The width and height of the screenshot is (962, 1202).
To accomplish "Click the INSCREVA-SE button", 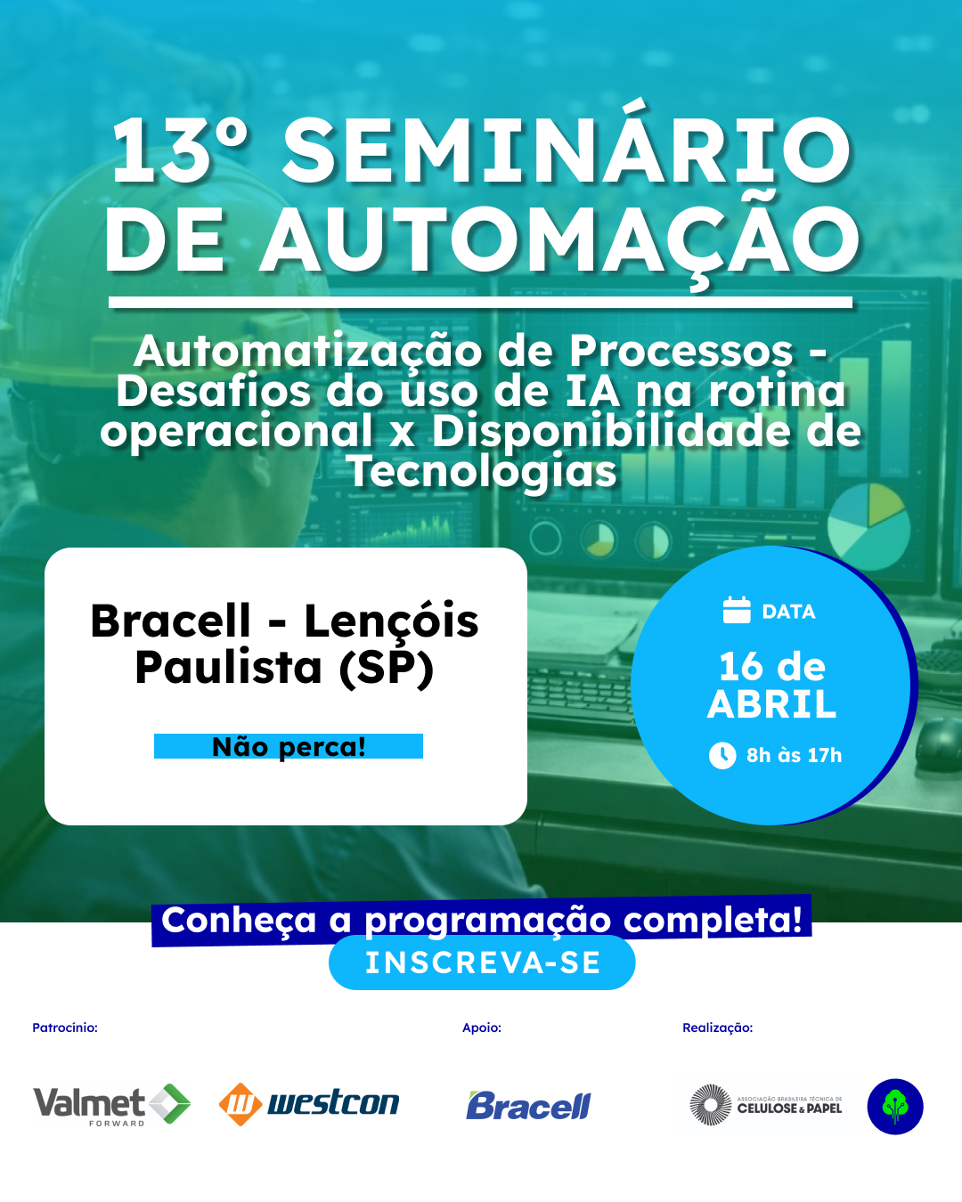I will [482, 962].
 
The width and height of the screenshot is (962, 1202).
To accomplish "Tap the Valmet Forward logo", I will [111, 1105].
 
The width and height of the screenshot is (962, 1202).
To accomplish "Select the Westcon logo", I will [309, 1104].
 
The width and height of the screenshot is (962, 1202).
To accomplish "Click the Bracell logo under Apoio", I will [528, 1106].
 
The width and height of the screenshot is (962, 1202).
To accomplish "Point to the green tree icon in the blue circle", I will [895, 1107].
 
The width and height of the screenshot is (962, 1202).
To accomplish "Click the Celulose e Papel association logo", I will [767, 1106].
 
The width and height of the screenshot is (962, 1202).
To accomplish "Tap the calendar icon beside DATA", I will [737, 610].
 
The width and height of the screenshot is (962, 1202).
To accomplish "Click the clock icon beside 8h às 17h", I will [722, 755].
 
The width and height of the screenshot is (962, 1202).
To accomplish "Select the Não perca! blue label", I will [289, 746].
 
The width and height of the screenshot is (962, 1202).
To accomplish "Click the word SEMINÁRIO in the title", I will [567, 152].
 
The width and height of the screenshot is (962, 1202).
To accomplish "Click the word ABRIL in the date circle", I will [772, 705].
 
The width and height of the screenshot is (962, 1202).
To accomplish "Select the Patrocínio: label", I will [65, 1027].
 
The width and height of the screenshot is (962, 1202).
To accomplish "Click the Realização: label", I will [717, 1027].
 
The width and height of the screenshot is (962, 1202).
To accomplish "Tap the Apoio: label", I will [482, 1027].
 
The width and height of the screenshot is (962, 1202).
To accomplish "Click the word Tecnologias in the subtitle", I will [482, 471].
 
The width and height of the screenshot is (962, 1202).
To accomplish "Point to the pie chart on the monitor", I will [868, 526].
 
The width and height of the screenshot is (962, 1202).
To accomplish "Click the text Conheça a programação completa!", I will [482, 921].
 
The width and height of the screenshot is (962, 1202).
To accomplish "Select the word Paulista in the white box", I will [229, 667].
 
